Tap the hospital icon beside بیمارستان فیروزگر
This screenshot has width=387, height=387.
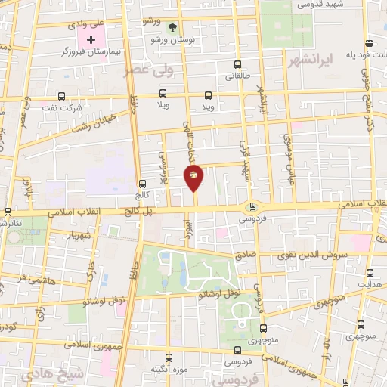[x=91, y=39]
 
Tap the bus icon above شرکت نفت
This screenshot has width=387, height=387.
[x=62, y=96]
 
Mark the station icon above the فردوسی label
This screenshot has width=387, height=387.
[x=252, y=206]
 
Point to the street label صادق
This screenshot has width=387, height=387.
[x=246, y=255]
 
